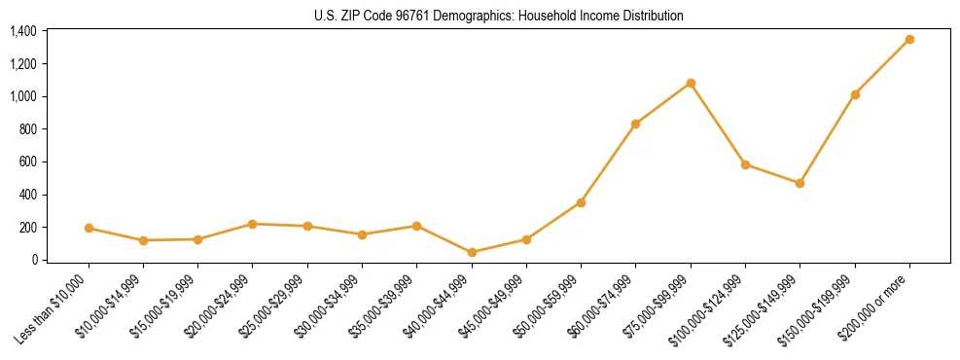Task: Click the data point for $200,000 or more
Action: click(x=909, y=39)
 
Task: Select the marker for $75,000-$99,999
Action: click(x=691, y=83)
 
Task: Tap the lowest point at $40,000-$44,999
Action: click(x=472, y=252)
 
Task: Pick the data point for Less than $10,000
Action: click(x=89, y=228)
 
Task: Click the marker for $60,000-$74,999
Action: click(x=635, y=124)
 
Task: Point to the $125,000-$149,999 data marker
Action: click(x=800, y=183)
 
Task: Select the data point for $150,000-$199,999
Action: click(x=855, y=94)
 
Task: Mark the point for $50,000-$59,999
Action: click(x=581, y=202)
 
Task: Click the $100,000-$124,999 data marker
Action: click(x=745, y=164)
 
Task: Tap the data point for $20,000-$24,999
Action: click(x=253, y=224)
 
